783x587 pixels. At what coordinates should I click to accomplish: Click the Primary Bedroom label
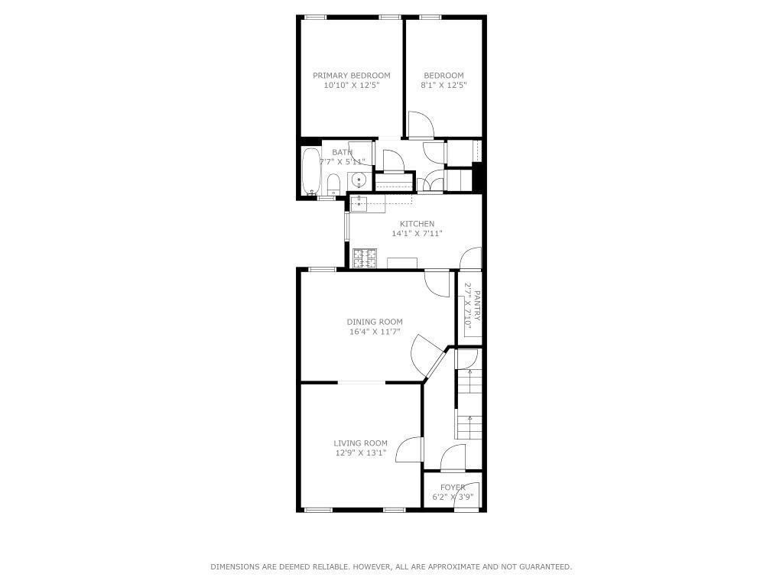coord(352,76)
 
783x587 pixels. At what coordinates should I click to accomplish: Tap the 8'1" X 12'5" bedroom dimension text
coord(443,85)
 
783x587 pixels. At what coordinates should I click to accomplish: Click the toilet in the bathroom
coord(333,185)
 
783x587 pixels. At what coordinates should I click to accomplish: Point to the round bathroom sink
coord(359,179)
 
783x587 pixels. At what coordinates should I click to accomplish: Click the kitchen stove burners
coord(365,258)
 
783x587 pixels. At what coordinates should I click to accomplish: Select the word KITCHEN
coord(417,224)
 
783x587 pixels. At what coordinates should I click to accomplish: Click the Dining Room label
coord(375,322)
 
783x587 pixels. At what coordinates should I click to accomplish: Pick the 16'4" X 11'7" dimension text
coord(375,332)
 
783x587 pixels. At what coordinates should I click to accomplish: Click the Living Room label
coord(361,443)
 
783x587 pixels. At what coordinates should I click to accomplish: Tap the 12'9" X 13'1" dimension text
coord(361,452)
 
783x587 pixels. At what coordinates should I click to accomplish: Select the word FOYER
coord(453,487)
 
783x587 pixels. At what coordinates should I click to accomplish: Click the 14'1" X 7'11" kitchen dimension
coord(417,233)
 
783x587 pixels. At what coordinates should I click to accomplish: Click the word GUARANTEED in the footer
coord(546,566)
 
